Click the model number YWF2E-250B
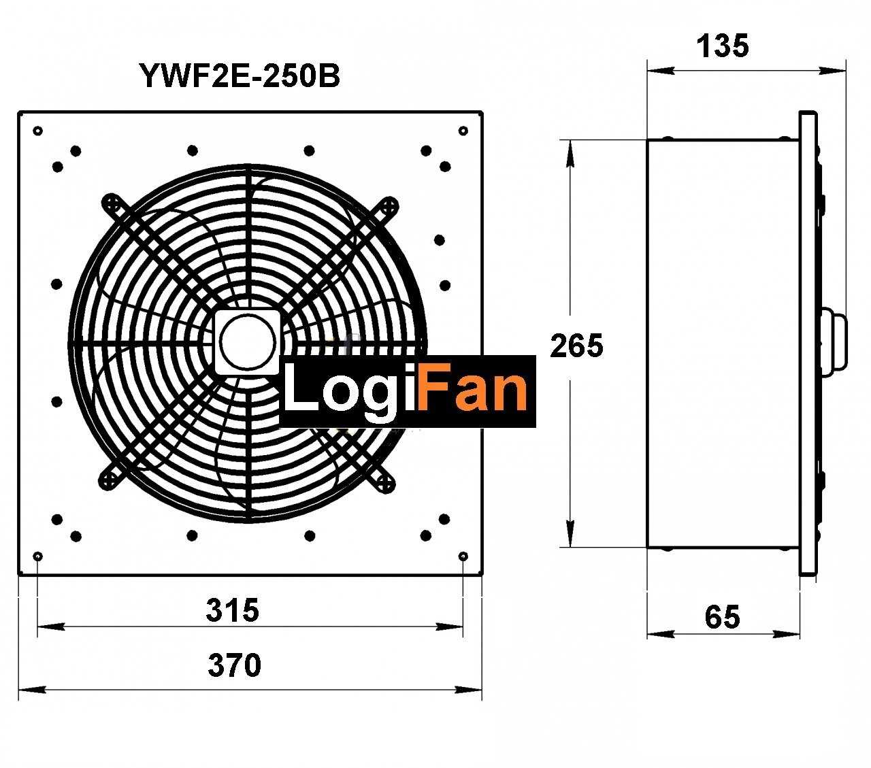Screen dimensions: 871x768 (240, 76)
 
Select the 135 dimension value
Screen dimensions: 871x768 (723, 46)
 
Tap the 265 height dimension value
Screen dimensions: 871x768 (576, 346)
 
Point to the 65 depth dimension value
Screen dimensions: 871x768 (722, 617)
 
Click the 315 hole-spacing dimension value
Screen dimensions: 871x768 (233, 610)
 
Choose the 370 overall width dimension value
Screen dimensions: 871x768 (234, 665)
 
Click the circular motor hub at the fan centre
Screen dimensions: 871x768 (247, 341)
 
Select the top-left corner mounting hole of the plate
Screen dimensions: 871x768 (38, 131)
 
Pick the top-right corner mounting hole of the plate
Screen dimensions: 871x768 (463, 131)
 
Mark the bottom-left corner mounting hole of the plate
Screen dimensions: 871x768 (38, 556)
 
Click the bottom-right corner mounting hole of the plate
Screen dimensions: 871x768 (463, 556)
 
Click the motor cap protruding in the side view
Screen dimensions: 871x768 (834, 341)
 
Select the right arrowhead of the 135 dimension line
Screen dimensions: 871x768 (832, 71)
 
